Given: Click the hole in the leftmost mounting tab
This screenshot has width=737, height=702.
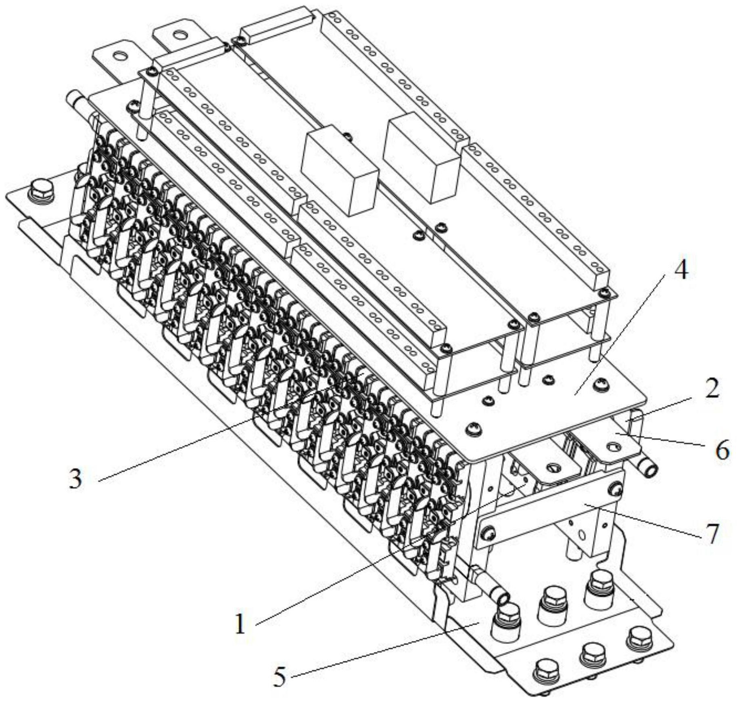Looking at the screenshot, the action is (x=121, y=55).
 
